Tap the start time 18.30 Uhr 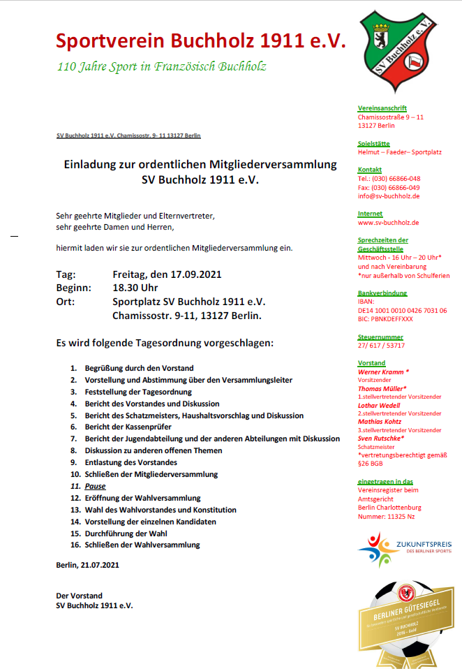tap(135, 288)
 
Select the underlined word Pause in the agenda tap(95, 486)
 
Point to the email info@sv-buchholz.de tap(388, 196)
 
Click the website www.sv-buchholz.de tap(388, 223)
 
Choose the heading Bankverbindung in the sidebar tap(381, 293)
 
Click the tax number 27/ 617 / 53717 tap(381, 346)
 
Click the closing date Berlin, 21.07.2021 tap(87, 565)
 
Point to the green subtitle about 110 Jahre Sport tap(161, 68)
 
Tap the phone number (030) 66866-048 tap(394, 179)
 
